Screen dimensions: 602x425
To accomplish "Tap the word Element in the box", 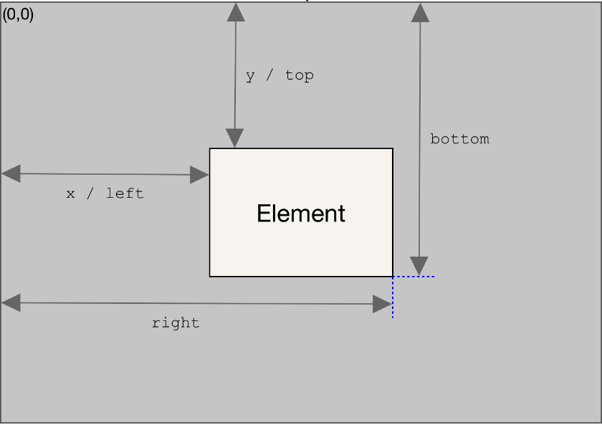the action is (x=301, y=214).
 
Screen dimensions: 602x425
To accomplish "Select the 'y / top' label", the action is (x=279, y=75).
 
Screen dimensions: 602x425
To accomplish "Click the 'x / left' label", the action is (x=105, y=194).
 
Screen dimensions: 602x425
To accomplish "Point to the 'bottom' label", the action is (x=459, y=139).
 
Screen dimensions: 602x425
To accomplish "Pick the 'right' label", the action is (x=176, y=323).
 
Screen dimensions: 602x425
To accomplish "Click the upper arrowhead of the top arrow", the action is (x=236, y=11).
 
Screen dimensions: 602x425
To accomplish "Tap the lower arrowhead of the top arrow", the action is (x=234, y=138).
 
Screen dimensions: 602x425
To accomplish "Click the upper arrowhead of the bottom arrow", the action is (x=421, y=12).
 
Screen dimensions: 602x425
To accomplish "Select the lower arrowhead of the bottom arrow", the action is (x=419, y=266).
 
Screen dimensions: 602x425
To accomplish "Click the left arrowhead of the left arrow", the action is (x=11, y=173).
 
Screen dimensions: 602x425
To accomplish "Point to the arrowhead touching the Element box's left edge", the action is (x=199, y=175).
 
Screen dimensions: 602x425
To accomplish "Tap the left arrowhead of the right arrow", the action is (x=11, y=303).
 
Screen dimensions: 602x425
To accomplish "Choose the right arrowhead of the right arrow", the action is (x=383, y=305).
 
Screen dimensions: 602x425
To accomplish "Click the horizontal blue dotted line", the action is (x=414, y=277).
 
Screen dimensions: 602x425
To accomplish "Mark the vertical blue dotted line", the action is (x=393, y=297).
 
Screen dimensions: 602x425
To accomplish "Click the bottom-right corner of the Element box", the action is (x=393, y=276).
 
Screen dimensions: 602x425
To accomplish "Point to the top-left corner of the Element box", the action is (x=210, y=148).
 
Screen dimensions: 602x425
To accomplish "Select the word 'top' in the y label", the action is (x=299, y=75).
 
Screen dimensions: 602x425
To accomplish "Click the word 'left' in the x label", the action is (x=125, y=194).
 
